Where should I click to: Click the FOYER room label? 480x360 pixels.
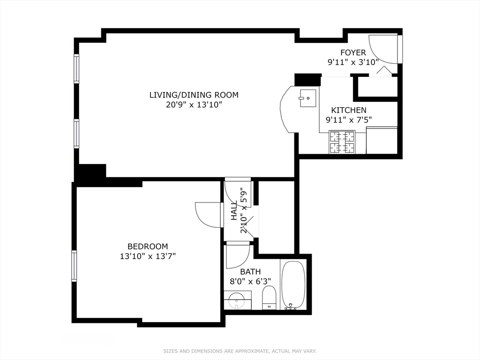(x=353, y=52)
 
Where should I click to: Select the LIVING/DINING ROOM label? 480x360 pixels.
(x=194, y=95)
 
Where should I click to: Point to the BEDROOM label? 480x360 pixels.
(x=148, y=247)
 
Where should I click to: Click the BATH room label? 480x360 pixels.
(x=250, y=272)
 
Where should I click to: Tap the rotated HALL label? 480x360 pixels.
(x=234, y=211)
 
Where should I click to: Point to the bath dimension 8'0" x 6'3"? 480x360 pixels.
(x=251, y=281)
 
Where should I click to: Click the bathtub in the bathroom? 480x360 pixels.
(x=294, y=285)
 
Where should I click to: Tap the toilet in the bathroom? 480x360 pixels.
(x=269, y=298)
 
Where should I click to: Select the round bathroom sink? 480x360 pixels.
(x=237, y=300)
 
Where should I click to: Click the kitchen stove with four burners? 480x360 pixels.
(x=342, y=142)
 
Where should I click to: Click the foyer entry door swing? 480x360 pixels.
(x=384, y=50)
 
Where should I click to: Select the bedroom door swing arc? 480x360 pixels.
(x=208, y=215)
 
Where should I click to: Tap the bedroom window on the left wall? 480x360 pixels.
(x=74, y=266)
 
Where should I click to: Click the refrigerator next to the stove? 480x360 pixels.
(x=382, y=141)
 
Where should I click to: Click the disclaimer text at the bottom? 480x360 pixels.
(x=240, y=351)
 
